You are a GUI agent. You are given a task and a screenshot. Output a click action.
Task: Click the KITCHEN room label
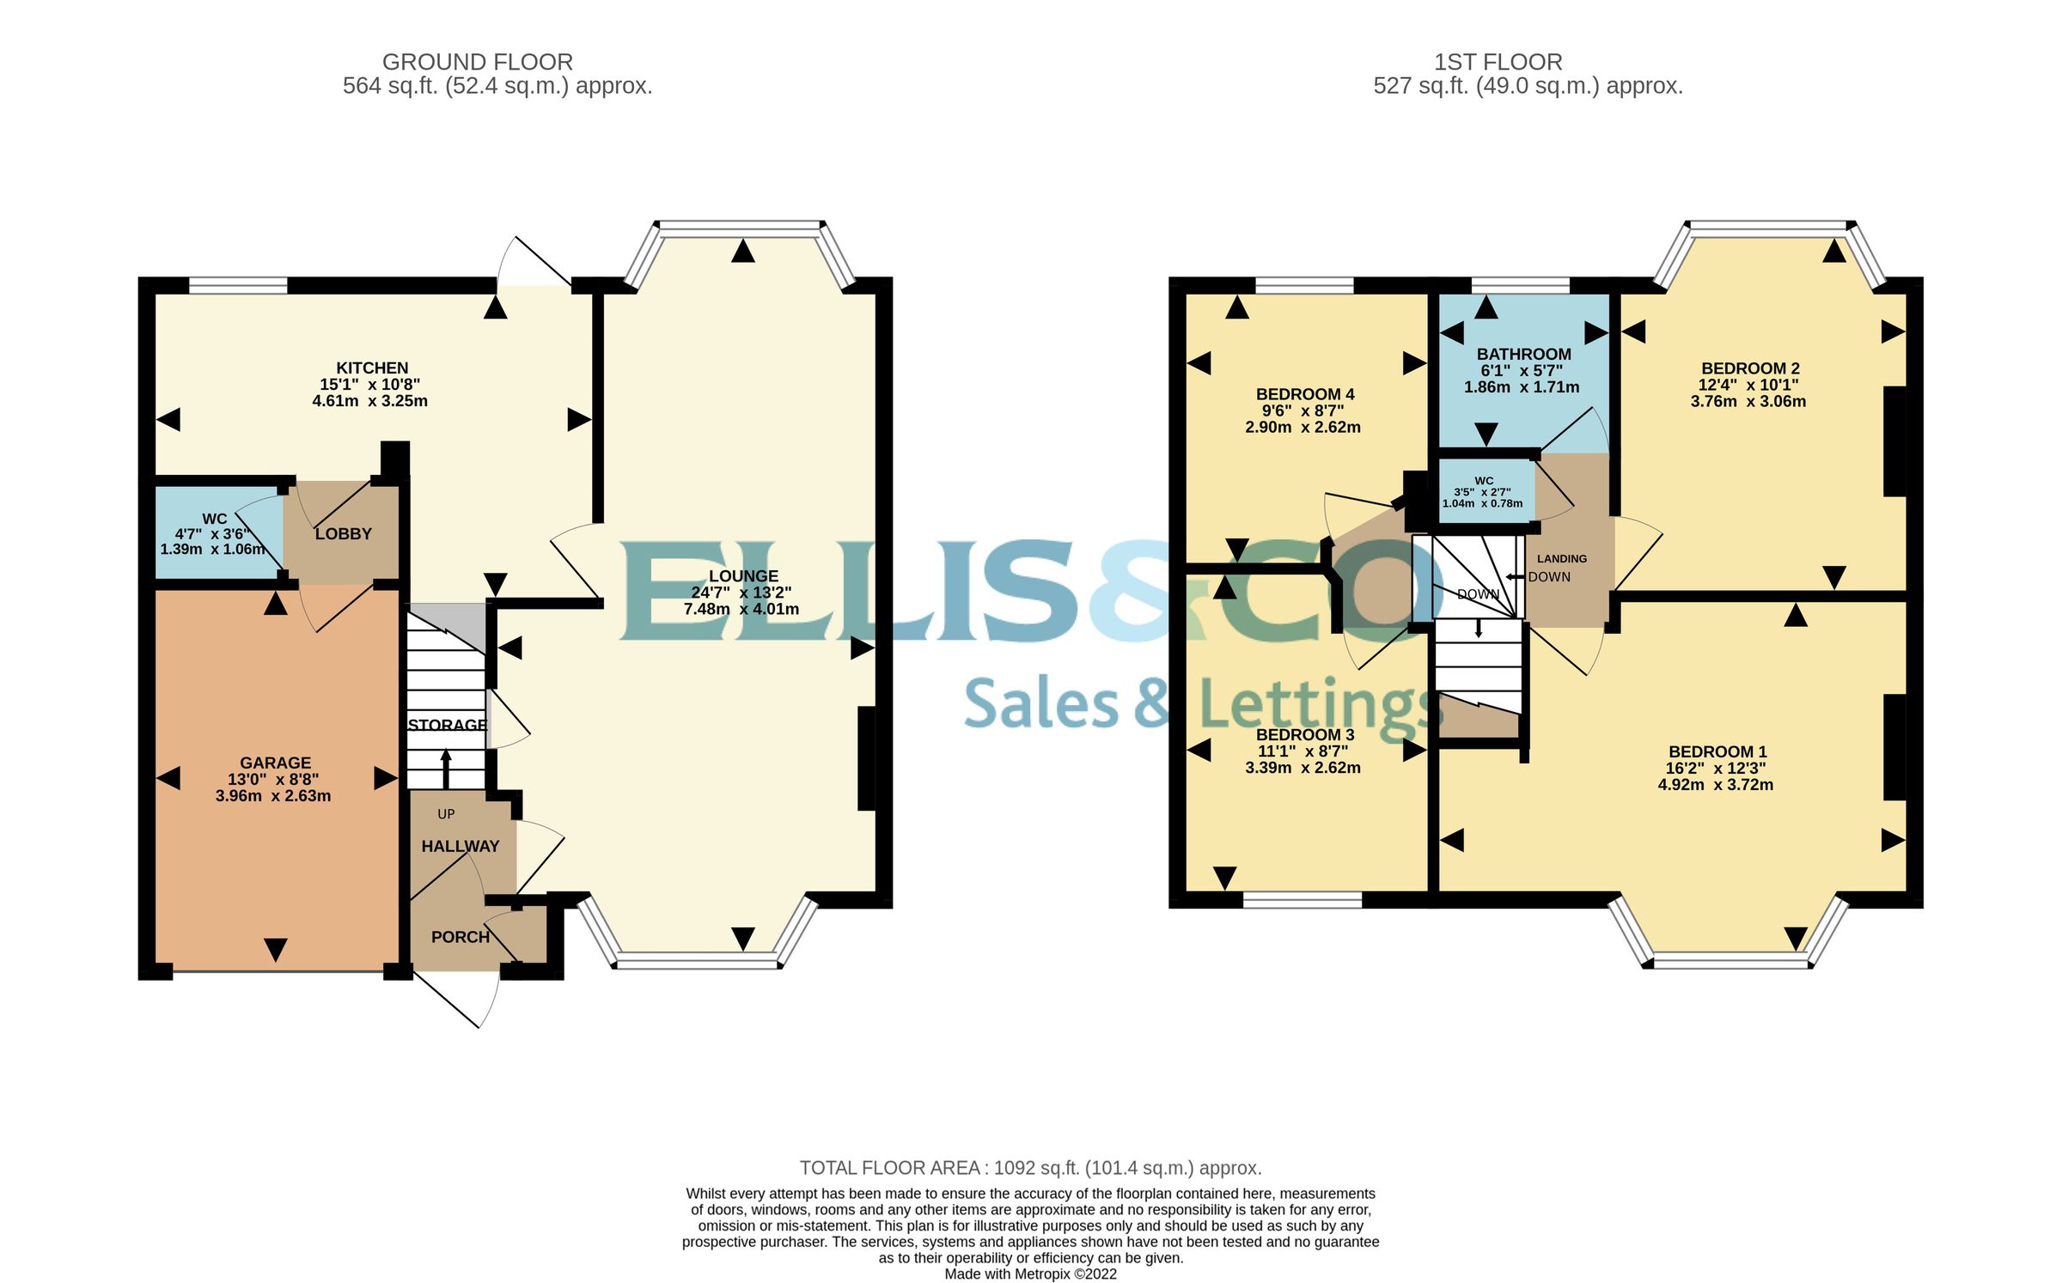[372, 368]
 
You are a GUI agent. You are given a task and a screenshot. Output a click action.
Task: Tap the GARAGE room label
[275, 763]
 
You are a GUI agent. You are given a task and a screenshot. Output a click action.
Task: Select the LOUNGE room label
[743, 576]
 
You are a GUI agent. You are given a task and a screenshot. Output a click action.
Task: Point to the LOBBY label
[343, 534]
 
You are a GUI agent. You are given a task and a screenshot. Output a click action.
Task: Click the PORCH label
[461, 937]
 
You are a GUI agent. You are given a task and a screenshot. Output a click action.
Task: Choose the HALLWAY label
[460, 847]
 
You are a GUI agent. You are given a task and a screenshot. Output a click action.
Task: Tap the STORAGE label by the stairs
[447, 725]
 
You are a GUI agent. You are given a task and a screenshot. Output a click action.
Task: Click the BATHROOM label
[1523, 355]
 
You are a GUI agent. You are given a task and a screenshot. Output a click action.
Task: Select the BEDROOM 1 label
[1717, 752]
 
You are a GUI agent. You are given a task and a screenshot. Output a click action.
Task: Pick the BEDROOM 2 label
[1749, 368]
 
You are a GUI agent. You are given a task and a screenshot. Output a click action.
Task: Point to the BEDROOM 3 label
[1304, 735]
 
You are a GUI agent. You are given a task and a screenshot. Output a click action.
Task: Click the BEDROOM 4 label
[1304, 395]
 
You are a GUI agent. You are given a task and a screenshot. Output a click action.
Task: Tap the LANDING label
[1561, 559]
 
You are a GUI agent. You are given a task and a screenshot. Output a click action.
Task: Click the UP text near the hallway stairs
[446, 814]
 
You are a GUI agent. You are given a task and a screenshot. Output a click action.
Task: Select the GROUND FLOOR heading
[477, 63]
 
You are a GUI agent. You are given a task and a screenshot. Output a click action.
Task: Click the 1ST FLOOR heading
[1498, 63]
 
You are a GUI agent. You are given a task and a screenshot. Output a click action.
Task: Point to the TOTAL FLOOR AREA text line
[1030, 1168]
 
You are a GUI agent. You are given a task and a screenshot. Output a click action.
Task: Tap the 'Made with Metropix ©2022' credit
[1030, 1274]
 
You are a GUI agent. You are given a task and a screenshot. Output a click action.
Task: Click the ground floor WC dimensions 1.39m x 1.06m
[212, 550]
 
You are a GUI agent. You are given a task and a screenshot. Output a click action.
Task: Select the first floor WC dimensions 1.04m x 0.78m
[1482, 504]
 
